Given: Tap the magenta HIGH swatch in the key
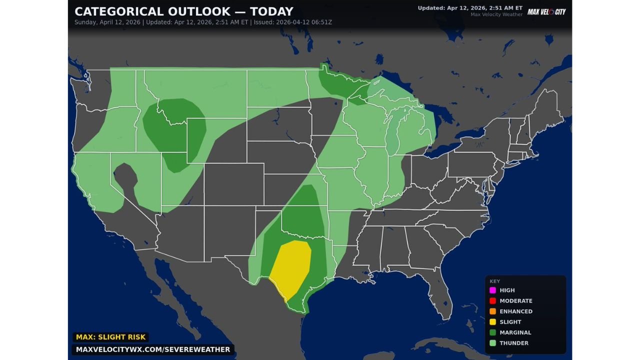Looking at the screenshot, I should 492,290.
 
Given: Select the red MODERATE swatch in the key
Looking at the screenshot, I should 492,300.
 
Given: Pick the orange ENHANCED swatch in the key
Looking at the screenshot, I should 492,311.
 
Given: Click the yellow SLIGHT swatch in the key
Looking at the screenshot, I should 492,322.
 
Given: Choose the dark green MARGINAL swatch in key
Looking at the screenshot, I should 492,332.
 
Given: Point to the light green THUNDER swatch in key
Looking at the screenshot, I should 492,343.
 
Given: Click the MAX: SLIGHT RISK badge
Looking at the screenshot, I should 110,337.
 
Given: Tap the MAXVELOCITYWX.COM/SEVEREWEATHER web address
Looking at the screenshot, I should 153,349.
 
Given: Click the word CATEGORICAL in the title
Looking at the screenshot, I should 115,11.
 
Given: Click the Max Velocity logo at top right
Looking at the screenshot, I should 546,11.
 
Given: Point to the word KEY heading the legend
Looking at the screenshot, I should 494,281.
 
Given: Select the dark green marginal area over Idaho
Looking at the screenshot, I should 170,125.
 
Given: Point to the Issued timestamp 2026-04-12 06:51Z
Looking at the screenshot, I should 292,22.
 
